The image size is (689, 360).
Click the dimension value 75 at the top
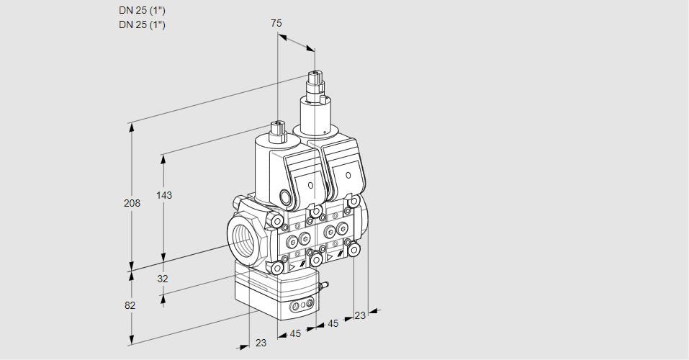coord(276,23)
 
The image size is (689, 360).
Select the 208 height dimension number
coord(132,203)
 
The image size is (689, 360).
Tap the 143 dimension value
coord(166,195)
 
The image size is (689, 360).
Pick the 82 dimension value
coord(130,305)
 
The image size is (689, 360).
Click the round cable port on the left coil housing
coord(286,197)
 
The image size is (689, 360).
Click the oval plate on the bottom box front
coord(300,307)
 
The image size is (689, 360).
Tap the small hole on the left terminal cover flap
coord(310,186)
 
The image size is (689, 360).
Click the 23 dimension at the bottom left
coord(261,343)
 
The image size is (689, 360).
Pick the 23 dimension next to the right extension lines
coord(360,315)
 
